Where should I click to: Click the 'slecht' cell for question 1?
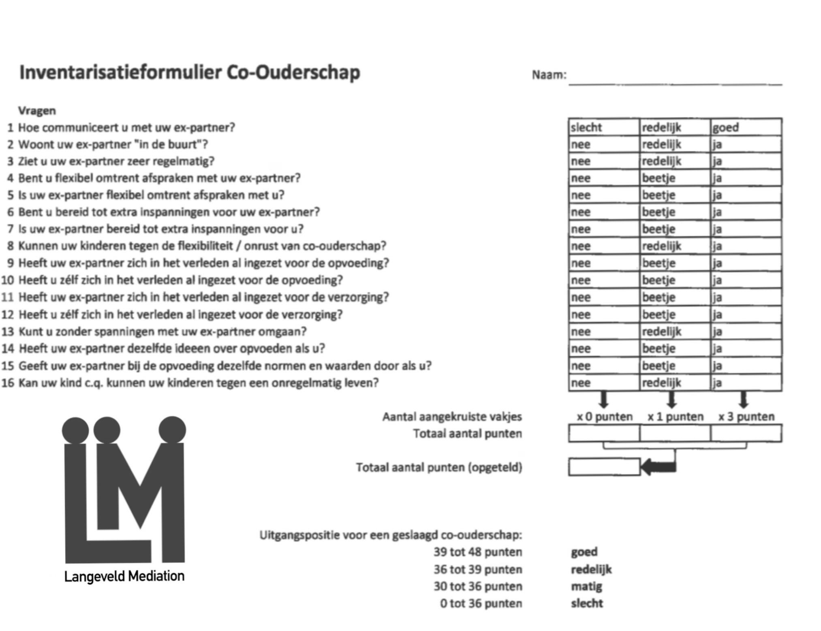pos(603,127)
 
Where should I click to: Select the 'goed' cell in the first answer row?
pos(746,127)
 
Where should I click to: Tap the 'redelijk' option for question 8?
pos(674,246)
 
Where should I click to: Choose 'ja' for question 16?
pos(746,383)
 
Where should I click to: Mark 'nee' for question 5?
pos(603,195)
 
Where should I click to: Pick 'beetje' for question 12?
pos(674,314)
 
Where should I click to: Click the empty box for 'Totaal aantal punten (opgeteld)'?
pos(604,467)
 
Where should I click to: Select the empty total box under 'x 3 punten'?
pos(746,433)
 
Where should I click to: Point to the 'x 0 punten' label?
pos(604,417)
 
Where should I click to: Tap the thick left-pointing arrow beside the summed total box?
pos(659,467)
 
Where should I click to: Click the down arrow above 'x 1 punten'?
pos(671,399)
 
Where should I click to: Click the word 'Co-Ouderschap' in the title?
pos(293,73)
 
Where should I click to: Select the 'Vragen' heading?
pos(37,111)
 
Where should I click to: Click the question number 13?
pos(8,332)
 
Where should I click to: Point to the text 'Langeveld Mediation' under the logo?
pos(124,576)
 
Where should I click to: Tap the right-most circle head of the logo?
pos(172,430)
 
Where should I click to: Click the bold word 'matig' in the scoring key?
pos(586,586)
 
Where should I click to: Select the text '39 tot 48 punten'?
pos(477,552)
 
